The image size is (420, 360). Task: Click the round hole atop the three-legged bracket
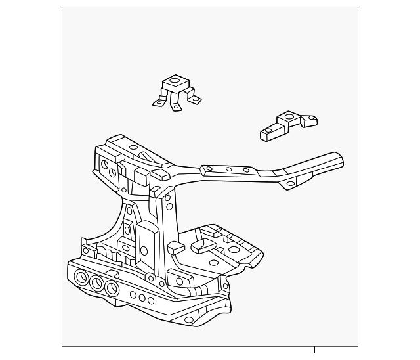pos(174,83)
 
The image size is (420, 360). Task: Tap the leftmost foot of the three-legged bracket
pos(158,102)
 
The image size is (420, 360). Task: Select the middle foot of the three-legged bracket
pos(176,107)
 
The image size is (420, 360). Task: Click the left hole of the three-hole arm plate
pos(209,168)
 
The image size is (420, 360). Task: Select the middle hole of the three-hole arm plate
pos(229,169)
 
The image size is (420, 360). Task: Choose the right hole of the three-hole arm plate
pos(246,170)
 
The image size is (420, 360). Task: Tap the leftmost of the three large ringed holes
pos(82,277)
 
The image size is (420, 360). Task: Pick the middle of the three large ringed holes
pos(96,283)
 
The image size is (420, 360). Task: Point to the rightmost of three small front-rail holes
pos(150,301)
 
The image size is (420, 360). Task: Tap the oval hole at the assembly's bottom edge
pos(189,320)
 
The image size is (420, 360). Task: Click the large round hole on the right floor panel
pos(234,250)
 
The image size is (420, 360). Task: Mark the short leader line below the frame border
pos(314,349)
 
